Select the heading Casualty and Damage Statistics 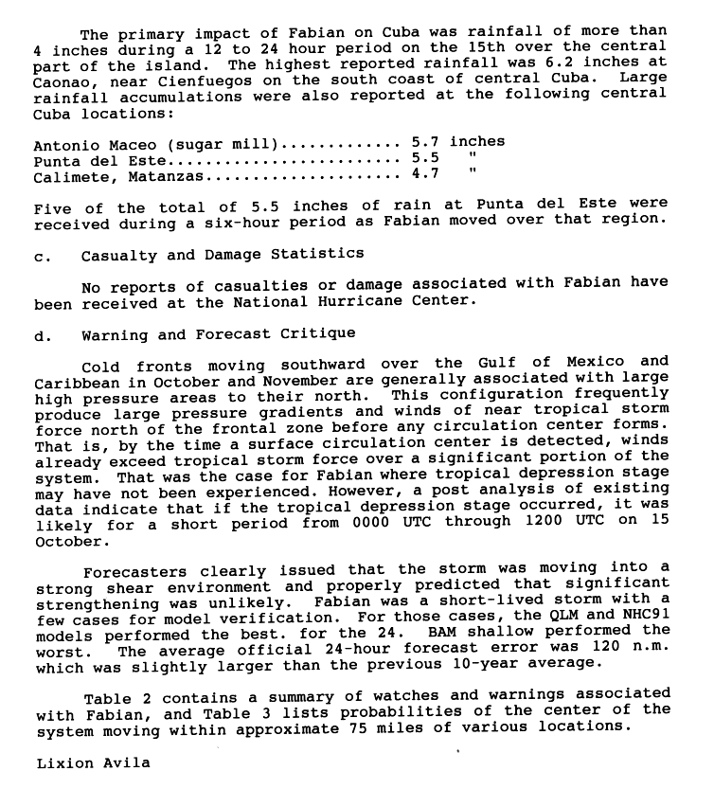(x=222, y=255)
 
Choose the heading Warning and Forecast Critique (x=218, y=334)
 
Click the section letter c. (x=39, y=255)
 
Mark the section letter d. (x=39, y=334)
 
